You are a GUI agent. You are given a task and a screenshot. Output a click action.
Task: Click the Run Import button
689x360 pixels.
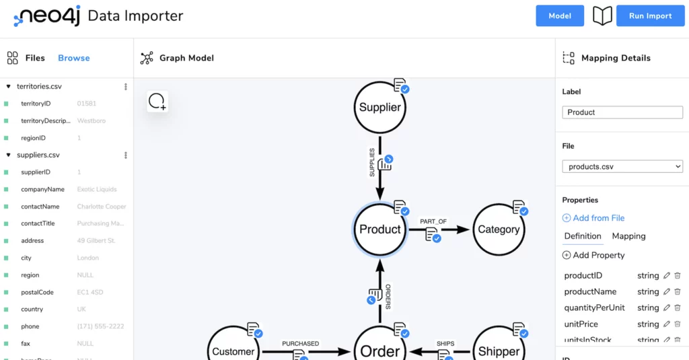[650, 16]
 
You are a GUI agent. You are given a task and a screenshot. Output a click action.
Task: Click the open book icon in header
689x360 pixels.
[602, 16]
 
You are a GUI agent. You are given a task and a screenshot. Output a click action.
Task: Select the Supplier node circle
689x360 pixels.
[379, 107]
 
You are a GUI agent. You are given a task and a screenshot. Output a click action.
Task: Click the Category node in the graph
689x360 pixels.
[499, 229]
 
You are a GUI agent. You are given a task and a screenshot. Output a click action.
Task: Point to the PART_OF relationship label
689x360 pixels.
[433, 221]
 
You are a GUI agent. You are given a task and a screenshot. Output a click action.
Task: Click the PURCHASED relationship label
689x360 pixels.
[300, 343]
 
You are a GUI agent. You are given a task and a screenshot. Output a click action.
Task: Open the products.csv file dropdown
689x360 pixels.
[622, 166]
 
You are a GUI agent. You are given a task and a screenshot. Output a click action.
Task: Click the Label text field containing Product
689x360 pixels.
[622, 112]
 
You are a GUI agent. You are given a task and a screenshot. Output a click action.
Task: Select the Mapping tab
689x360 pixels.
[628, 236]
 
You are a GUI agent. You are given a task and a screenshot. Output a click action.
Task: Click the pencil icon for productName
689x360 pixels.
[667, 291]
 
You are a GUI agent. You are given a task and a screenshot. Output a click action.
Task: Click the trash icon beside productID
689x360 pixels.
[678, 275]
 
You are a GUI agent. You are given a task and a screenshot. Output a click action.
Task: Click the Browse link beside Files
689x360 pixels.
[73, 58]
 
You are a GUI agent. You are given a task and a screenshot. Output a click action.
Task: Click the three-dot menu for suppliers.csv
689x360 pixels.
[126, 155]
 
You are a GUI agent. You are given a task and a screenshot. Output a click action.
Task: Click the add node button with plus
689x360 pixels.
[157, 102]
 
